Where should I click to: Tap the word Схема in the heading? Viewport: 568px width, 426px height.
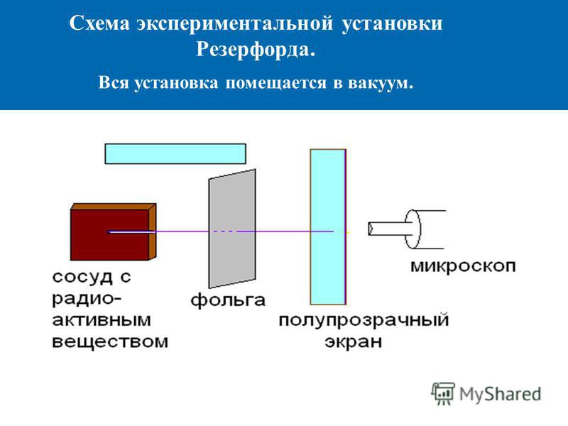tap(99, 23)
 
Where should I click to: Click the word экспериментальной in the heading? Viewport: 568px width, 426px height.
tap(235, 24)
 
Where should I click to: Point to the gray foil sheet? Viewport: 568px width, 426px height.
tap(232, 229)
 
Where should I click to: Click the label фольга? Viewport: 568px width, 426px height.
tap(228, 300)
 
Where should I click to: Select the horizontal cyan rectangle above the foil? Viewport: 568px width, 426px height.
tap(175, 153)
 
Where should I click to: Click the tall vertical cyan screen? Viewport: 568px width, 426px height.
tap(328, 226)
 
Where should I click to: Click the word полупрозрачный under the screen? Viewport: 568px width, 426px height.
tap(364, 321)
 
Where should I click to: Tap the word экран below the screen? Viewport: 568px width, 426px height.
tap(353, 342)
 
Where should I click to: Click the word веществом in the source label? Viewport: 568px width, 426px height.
tap(110, 342)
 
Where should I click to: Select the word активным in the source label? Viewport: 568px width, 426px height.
tap(102, 320)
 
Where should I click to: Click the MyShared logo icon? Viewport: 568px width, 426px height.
tap(442, 393)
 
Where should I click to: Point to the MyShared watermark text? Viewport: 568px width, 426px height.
tap(500, 394)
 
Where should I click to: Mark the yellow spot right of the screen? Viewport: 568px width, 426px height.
tap(348, 232)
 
